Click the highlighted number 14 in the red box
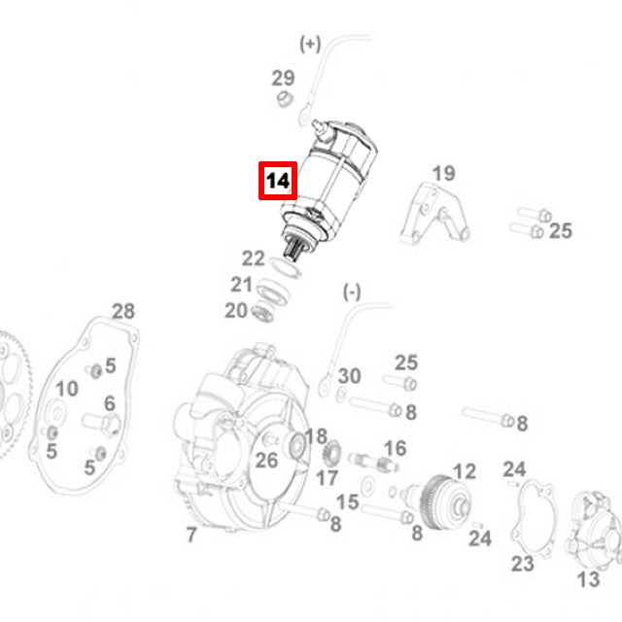[x=277, y=181]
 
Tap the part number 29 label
[x=282, y=78]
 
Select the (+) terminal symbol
[x=309, y=44]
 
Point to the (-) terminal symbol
[x=351, y=292]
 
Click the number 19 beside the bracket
[x=443, y=174]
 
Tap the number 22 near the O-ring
[x=253, y=259]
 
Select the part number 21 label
[x=241, y=285]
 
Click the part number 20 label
[x=236, y=310]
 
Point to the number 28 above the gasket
[x=123, y=311]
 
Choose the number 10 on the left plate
[x=66, y=389]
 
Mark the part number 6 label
[x=109, y=403]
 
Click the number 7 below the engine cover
[x=191, y=535]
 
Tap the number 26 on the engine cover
[x=266, y=460]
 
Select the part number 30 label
[x=349, y=377]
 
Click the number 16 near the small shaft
[x=395, y=448]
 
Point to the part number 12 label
[x=465, y=472]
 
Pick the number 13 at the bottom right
[x=589, y=579]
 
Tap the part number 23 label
[x=523, y=564]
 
